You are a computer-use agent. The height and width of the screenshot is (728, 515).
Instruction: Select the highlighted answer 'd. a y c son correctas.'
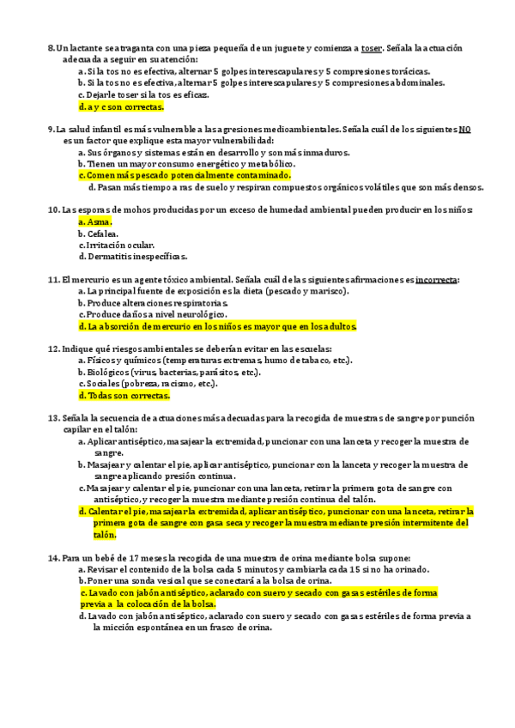click(120, 107)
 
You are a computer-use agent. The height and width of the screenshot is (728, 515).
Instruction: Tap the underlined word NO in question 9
click(464, 128)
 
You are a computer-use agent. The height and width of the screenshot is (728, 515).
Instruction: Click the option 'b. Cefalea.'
click(101, 233)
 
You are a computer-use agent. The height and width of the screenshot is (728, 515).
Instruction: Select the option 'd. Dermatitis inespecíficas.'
click(132, 256)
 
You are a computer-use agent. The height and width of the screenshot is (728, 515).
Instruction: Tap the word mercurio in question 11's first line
click(92, 279)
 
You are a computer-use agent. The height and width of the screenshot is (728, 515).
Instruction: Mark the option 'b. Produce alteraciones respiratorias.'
click(153, 302)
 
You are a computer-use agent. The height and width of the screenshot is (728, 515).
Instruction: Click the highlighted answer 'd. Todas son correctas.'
click(124, 396)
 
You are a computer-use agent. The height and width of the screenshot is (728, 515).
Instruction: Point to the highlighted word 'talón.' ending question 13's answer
click(105, 533)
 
